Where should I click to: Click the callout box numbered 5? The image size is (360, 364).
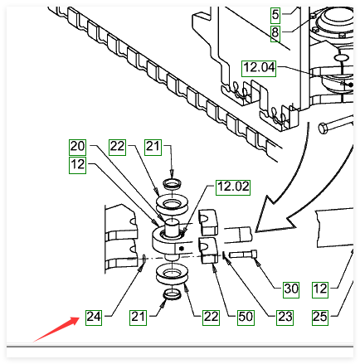pos(275,15)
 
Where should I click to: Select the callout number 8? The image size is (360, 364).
pos(275,33)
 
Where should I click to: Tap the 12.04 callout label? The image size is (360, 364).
pos(259,68)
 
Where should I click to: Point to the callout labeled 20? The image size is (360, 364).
pos(77,147)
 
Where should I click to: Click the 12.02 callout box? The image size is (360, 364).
pos(233,187)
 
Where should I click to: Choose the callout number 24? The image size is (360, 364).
pos(94,318)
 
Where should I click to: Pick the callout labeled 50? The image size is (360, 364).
pos(246,318)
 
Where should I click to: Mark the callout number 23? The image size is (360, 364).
pos(285,318)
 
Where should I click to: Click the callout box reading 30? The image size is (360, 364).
pos(291,289)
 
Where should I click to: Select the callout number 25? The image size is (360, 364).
pos(320,318)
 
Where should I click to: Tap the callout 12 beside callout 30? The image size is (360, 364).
pos(320,289)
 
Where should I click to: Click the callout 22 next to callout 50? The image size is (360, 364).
pos(211,318)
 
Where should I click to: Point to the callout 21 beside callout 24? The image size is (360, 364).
pos(138,318)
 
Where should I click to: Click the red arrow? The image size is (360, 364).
pos(56,329)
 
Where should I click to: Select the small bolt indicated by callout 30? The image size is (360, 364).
pos(243,255)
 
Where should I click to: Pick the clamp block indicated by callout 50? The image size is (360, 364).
pos(209,250)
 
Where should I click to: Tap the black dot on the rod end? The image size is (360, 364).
pos(182,249)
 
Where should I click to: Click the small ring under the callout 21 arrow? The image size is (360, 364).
pos(172,184)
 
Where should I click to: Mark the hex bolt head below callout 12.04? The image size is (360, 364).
pos(324,129)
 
